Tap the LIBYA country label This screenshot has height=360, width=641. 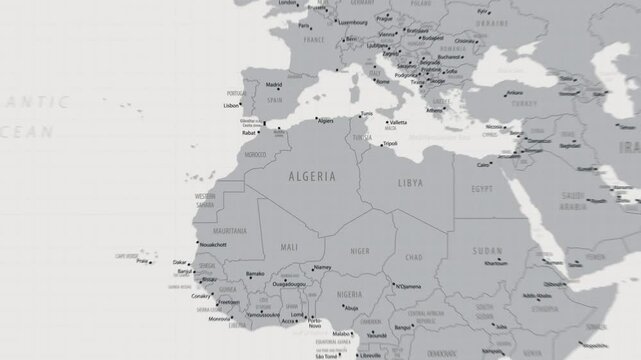click(411, 184)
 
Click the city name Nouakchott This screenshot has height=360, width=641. click(212, 244)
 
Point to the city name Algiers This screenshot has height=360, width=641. click(324, 121)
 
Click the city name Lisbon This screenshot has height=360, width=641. click(231, 105)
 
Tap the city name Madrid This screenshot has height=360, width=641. click(273, 85)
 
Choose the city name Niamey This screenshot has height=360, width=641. click(321, 267)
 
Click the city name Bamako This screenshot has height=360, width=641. click(255, 273)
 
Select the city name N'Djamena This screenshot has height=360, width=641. click(409, 286)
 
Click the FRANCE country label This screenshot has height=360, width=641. click(315, 41)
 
